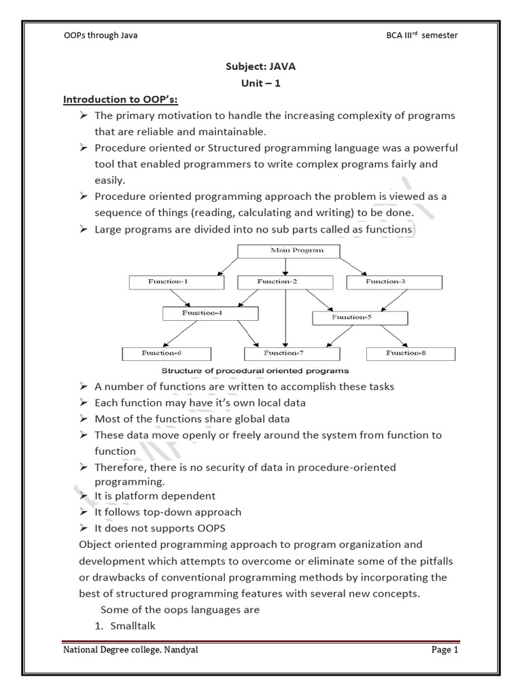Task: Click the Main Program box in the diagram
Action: [288, 250]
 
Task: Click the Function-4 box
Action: [211, 313]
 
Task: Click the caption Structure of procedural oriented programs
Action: [255, 371]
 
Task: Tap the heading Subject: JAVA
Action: [261, 67]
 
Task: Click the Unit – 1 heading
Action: [261, 83]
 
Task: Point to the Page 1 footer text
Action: [446, 650]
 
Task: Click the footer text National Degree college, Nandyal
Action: [131, 650]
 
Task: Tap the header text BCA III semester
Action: [421, 35]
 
